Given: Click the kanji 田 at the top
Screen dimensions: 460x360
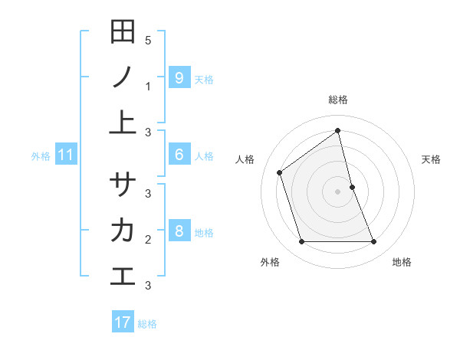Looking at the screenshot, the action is click(123, 32).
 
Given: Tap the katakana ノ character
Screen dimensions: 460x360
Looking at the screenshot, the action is click(123, 77).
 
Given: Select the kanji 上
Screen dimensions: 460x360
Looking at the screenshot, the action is click(123, 123).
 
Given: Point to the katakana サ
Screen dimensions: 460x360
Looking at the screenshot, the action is click(123, 185).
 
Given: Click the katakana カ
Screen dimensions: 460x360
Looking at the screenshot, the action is click(123, 230).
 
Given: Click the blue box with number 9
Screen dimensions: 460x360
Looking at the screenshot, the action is click(179, 77).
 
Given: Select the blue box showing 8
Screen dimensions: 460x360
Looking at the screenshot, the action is click(179, 231).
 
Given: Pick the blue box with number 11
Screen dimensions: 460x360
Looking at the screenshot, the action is click(66, 155).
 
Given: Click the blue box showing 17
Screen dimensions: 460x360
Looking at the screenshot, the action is click(123, 322).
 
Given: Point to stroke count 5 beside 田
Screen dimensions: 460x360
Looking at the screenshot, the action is click(148, 40).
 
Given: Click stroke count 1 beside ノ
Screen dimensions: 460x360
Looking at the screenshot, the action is click(148, 87).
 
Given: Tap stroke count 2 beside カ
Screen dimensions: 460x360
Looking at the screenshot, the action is click(148, 240).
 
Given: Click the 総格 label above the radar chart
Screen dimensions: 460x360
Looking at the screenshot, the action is click(338, 100).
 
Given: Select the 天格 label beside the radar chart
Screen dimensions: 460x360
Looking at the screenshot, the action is click(432, 159).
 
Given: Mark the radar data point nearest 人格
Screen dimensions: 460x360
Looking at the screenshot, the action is click(280, 172).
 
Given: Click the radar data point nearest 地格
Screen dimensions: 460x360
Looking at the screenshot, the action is click(374, 242).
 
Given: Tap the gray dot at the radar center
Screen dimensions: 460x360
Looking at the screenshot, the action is click(338, 191).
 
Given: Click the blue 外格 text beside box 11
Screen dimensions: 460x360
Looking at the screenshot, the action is click(41, 156).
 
